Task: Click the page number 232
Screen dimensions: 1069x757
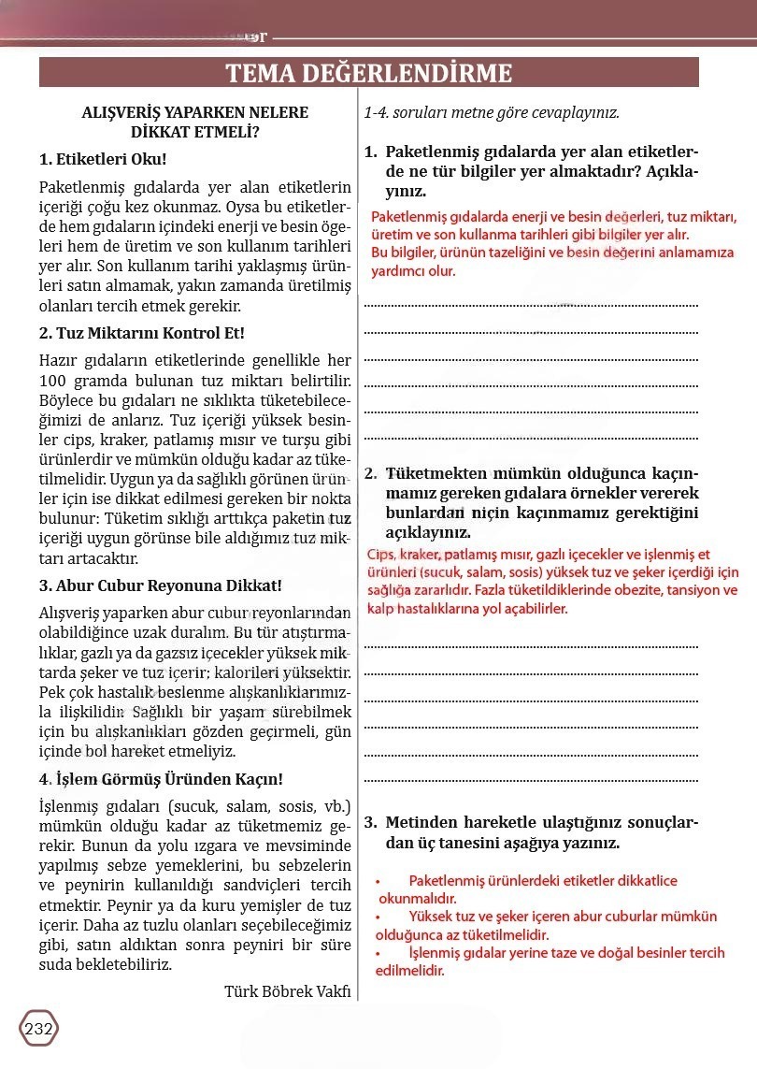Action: [38, 1029]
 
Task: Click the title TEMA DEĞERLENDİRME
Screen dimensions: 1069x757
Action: [369, 73]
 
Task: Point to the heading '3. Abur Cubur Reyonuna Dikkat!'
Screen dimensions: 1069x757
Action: [160, 585]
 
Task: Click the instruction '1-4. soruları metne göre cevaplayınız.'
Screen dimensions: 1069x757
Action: [492, 112]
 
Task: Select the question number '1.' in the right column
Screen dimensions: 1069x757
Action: [370, 152]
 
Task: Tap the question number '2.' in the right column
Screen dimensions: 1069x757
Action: [370, 473]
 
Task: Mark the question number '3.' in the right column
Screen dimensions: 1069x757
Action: [370, 823]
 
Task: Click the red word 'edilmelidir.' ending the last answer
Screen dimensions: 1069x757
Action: [409, 971]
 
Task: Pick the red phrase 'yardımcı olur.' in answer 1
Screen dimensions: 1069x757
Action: [413, 271]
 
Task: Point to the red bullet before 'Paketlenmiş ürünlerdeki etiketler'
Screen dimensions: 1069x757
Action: [378, 881]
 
